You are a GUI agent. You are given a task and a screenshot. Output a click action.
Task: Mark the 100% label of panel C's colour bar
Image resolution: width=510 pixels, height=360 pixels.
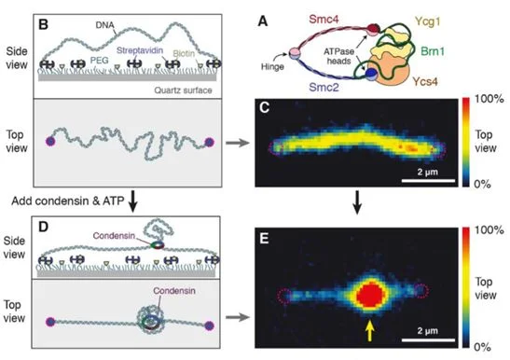coord(489,97)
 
